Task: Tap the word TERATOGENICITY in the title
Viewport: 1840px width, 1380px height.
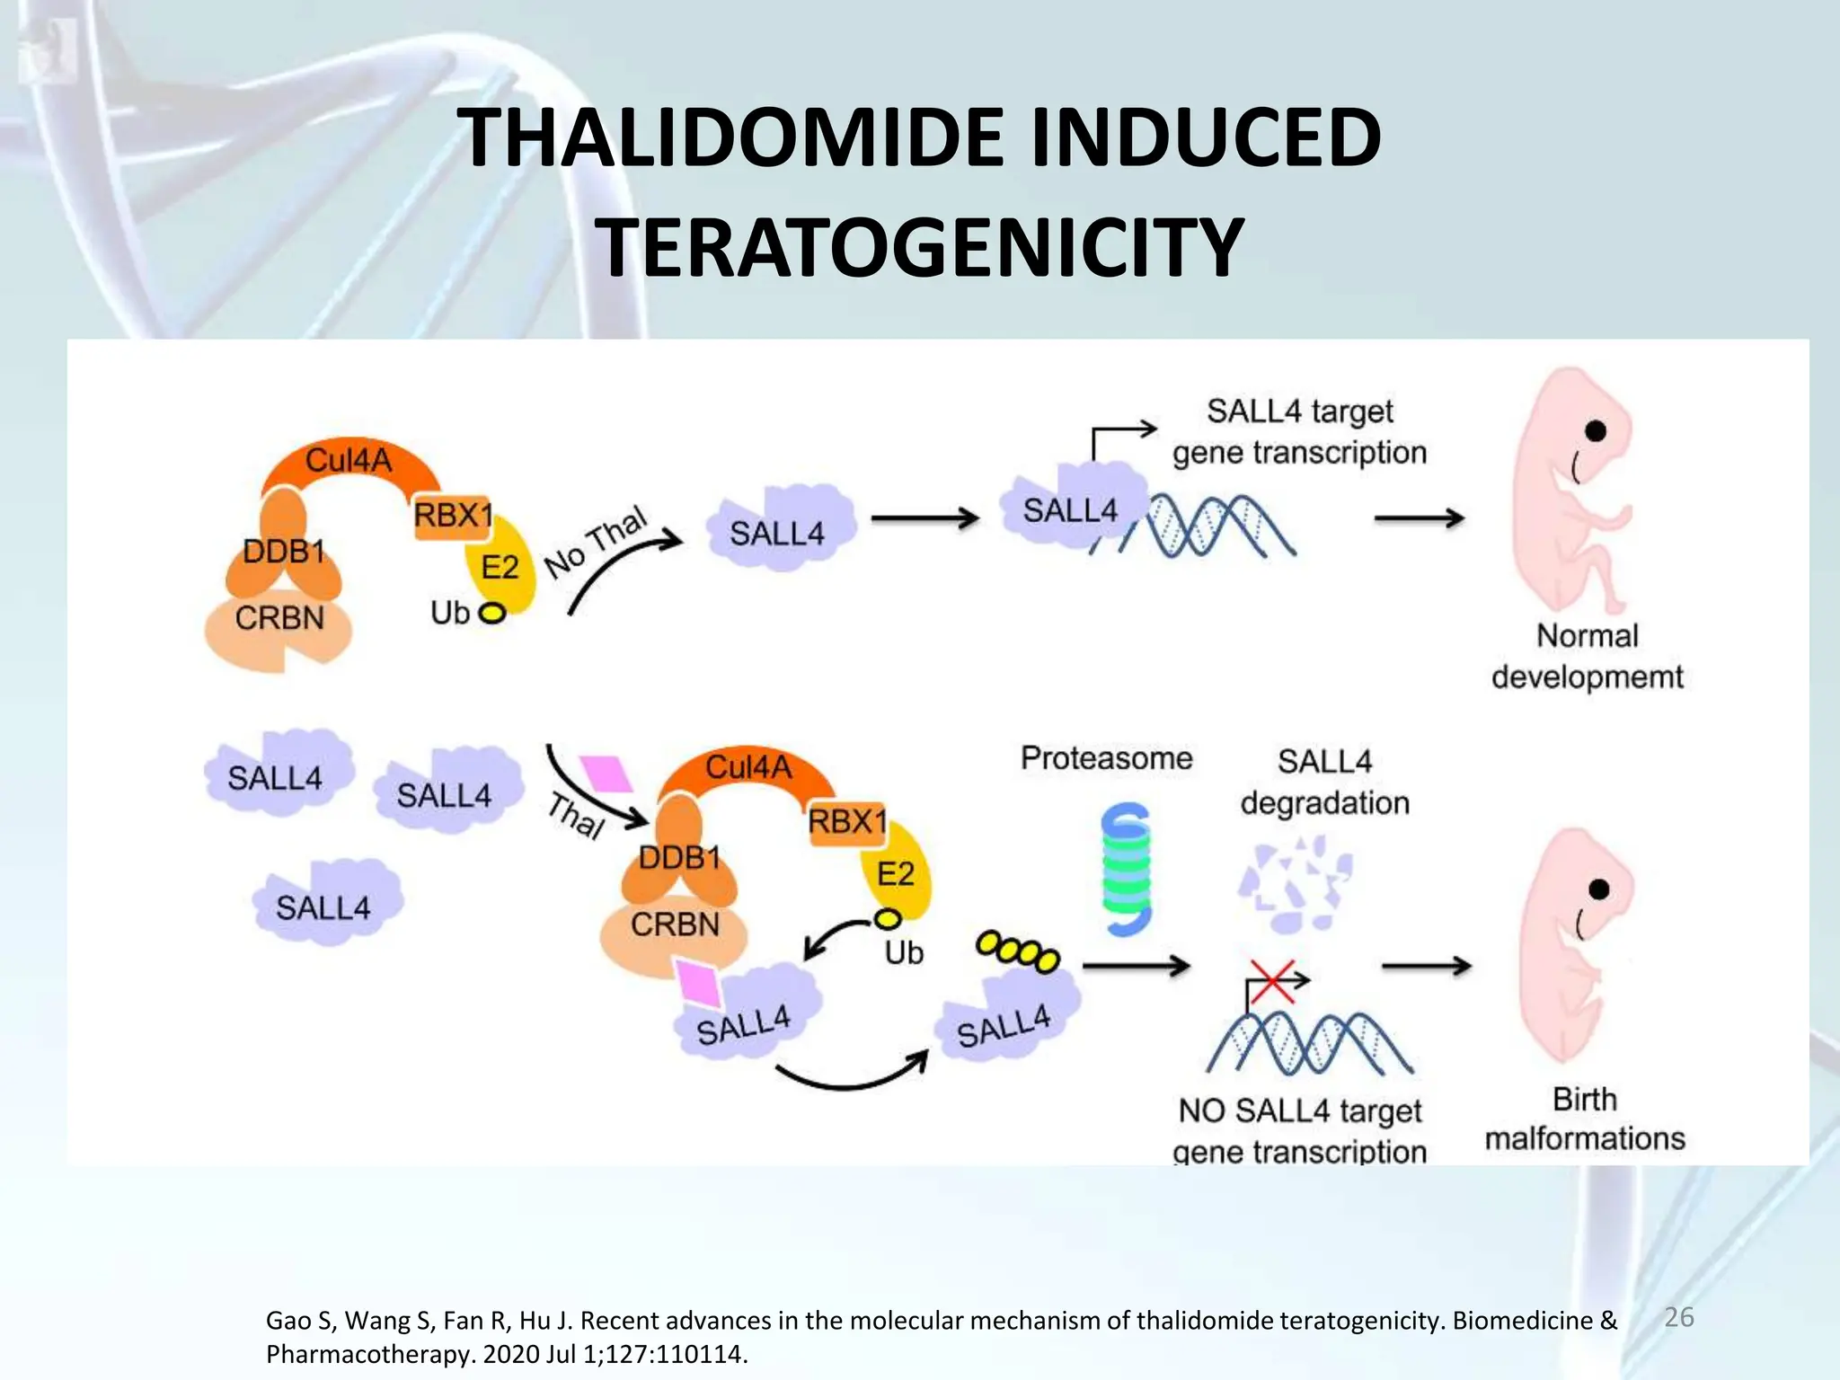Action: point(920,247)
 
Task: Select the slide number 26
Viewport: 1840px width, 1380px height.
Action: point(1678,1317)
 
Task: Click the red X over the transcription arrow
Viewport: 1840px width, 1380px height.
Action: point(1272,981)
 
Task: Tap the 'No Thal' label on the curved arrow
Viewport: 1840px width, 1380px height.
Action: point(596,543)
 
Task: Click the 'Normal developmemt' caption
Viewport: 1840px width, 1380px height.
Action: point(1587,657)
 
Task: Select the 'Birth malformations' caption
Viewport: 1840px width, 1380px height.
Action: point(1584,1119)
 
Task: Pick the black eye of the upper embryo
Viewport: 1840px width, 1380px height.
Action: point(1596,431)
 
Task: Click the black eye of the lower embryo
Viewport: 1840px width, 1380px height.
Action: point(1598,889)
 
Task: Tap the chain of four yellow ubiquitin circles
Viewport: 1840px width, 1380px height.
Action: point(1018,952)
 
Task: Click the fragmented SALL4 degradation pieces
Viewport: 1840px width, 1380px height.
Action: point(1293,885)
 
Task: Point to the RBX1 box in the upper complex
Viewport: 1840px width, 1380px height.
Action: point(453,517)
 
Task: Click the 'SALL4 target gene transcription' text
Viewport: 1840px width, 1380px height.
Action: point(1299,432)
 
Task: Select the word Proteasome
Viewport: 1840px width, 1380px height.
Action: point(1106,758)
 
